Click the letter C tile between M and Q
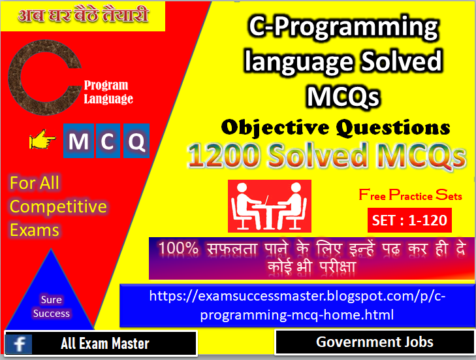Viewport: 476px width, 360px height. (x=106, y=141)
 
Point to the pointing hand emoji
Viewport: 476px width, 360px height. (x=42, y=140)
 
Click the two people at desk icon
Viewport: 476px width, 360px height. (x=269, y=206)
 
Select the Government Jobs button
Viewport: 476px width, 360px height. (x=374, y=342)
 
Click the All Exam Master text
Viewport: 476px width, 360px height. (x=104, y=344)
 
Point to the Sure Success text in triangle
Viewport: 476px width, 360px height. (x=51, y=306)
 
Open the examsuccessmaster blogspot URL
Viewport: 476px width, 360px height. (x=297, y=305)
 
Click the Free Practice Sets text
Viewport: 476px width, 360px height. (x=410, y=195)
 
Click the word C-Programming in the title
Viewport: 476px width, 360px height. (x=343, y=28)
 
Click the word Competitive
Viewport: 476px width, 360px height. (x=58, y=206)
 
